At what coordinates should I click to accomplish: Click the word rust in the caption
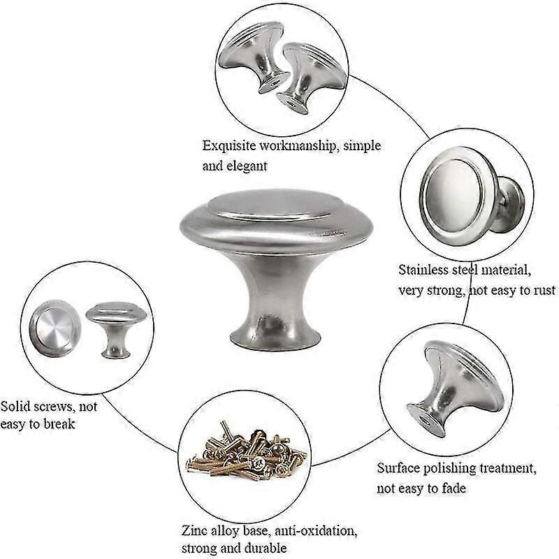tap(544, 291)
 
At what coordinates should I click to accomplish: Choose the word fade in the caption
tap(453, 488)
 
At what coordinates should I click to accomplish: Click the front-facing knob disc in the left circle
tap(55, 328)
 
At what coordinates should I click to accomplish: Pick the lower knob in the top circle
tap(311, 77)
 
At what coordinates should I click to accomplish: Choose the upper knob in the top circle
tap(253, 57)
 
